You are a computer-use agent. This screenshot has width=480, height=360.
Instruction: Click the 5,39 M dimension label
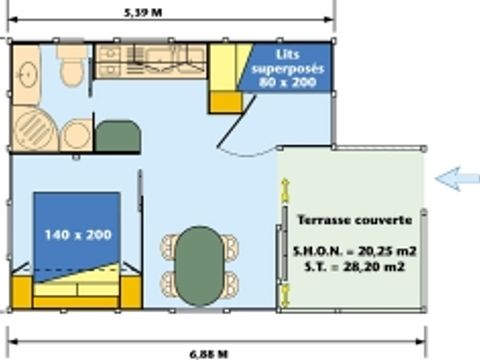(143, 13)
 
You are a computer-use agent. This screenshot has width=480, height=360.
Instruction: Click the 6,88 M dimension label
(209, 354)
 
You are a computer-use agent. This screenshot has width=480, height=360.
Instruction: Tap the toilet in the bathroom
(71, 65)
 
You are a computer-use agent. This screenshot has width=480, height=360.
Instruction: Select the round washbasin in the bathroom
(28, 74)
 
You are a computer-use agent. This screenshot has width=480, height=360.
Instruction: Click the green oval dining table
(199, 266)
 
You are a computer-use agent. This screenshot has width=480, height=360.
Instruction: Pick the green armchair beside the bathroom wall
(117, 136)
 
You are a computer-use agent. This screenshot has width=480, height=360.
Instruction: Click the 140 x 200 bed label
(78, 235)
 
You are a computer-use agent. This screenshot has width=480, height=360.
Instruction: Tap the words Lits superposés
(288, 62)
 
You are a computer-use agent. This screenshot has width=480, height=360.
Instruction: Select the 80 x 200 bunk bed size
(287, 82)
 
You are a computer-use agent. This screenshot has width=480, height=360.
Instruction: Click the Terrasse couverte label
(355, 220)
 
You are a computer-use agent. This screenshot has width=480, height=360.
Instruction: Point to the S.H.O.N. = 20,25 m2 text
(355, 251)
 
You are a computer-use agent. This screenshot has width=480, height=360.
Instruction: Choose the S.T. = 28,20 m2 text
(355, 267)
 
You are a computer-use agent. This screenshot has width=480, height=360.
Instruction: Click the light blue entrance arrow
(457, 179)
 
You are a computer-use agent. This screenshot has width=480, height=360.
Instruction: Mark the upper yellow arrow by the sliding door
(285, 191)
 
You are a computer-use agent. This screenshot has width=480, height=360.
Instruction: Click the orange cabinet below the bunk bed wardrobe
(226, 102)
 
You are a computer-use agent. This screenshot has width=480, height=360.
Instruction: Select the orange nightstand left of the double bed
(22, 292)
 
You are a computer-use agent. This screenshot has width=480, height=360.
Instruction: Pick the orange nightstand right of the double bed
(131, 292)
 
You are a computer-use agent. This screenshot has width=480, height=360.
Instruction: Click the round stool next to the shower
(76, 135)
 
